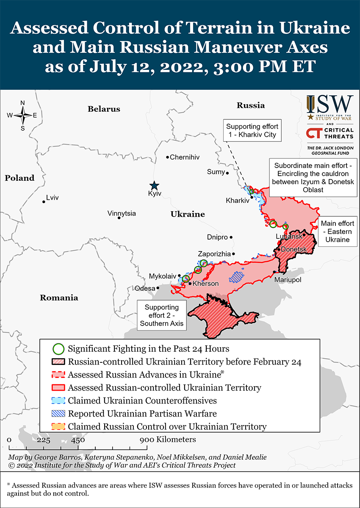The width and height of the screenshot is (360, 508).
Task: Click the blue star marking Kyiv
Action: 154,185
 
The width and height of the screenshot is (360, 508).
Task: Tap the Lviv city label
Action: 53,197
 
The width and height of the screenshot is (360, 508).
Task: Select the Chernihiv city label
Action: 184,157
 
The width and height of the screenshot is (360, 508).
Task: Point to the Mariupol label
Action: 287,280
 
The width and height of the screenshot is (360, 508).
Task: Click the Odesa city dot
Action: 158,288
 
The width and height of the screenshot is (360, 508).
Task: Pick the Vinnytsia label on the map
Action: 122,213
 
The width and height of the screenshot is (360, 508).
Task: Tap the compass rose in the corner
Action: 22,115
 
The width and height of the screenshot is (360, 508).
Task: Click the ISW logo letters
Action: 330,104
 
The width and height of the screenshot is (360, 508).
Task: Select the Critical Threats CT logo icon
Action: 313,133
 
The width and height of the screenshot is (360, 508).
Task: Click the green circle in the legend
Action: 59,349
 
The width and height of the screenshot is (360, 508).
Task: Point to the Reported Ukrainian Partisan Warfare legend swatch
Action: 59,414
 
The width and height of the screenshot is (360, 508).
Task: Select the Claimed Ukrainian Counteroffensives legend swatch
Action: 59,400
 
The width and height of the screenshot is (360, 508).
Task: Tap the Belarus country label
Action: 104,109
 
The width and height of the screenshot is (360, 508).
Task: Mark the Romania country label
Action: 59,298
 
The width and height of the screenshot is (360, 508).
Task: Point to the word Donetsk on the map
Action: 294,249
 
